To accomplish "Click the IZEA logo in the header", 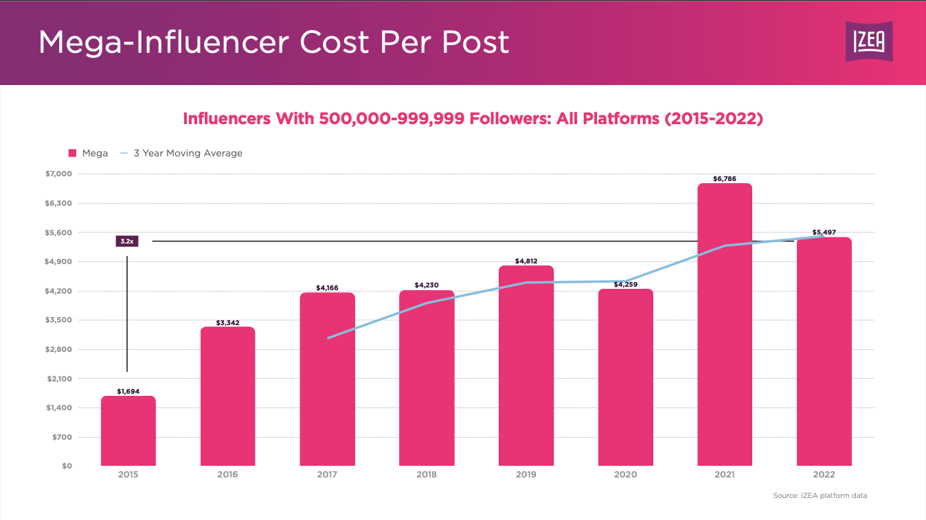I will click(x=869, y=42).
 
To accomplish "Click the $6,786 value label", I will click(x=725, y=179).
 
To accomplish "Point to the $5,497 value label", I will click(x=824, y=233).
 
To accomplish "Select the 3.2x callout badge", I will click(x=127, y=241).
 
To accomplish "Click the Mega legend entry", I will click(x=89, y=153).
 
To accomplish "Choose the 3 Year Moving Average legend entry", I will click(x=181, y=153).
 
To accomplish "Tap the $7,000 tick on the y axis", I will click(x=58, y=174).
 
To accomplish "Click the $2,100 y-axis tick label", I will click(x=58, y=379).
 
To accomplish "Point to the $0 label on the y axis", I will click(x=66, y=466).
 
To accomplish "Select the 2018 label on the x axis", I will click(x=427, y=475).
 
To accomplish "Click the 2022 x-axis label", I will click(x=824, y=475).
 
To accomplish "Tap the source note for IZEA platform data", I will click(x=820, y=495).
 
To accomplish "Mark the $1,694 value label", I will click(x=128, y=392).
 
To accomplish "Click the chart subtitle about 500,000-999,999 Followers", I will click(x=473, y=119).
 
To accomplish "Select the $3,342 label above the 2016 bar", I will click(x=228, y=322).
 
